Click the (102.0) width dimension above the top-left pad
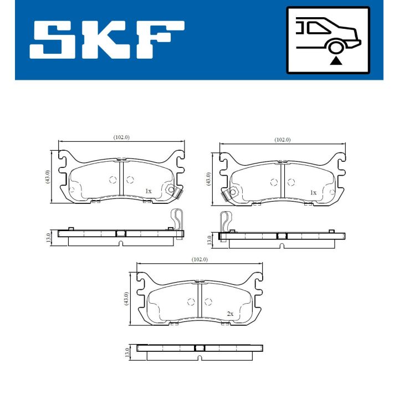coord(121,137)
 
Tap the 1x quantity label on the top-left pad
coord(148,191)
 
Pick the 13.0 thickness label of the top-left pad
coord(48,238)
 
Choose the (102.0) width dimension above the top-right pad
coord(282,140)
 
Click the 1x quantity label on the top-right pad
coord(313,192)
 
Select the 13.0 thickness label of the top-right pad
coord(209,240)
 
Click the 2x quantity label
coord(229,314)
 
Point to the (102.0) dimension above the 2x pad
coord(199,259)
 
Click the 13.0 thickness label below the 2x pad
coord(127,352)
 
